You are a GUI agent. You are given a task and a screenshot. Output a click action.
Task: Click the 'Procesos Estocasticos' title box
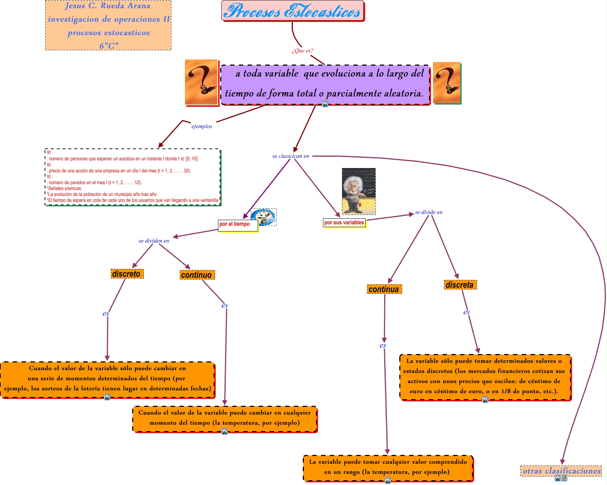(x=292, y=11)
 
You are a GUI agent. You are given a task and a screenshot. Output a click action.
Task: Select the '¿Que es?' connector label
(x=302, y=51)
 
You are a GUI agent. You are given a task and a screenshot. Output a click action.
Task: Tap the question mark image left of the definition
(x=201, y=82)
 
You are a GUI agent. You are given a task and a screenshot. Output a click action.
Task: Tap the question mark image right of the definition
(x=446, y=83)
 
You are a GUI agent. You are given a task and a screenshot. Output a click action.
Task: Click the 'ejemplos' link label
(x=201, y=126)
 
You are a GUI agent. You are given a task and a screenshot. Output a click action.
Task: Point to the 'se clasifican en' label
(x=290, y=156)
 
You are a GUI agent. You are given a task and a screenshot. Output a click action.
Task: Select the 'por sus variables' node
(x=344, y=222)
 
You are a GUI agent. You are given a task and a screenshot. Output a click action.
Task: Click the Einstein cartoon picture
(x=359, y=191)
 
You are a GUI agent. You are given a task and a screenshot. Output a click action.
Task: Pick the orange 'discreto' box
(x=127, y=274)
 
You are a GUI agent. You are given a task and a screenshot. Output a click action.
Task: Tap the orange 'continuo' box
(x=197, y=275)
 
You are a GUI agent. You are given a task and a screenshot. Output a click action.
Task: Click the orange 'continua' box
(x=384, y=289)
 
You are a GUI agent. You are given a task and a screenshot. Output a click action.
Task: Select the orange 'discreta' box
(x=460, y=285)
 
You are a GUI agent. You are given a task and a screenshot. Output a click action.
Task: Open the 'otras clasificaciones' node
(x=561, y=471)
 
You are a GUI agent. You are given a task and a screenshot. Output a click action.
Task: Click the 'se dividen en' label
(x=154, y=241)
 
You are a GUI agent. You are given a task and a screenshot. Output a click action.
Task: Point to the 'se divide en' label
(x=428, y=212)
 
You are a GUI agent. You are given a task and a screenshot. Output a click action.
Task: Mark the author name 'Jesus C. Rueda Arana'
(x=108, y=6)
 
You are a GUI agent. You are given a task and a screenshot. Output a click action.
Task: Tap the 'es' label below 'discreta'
(x=466, y=312)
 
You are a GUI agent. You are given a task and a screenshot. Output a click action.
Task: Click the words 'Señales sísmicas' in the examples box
(x=64, y=188)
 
